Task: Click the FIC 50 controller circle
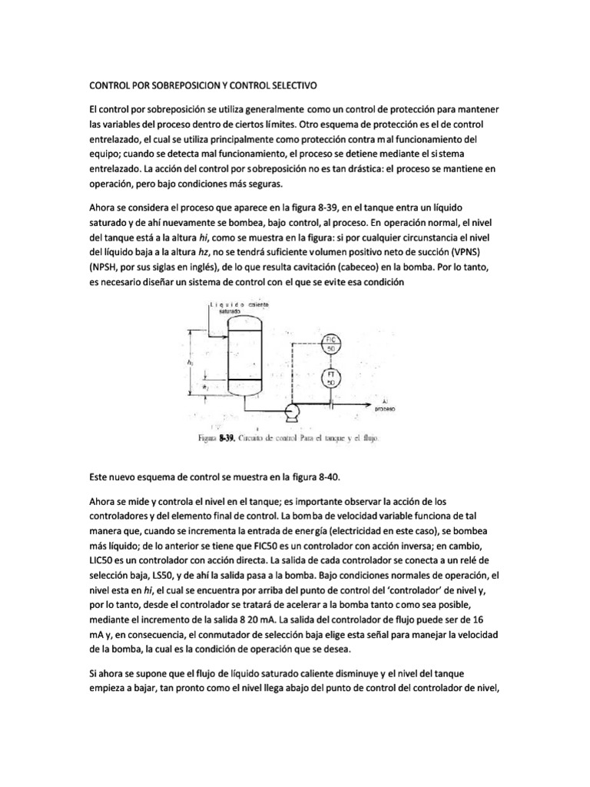(331, 344)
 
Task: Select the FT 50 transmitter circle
(331, 377)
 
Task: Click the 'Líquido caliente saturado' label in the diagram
(236, 308)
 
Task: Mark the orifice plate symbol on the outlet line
(331, 401)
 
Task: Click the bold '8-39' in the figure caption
(227, 439)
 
